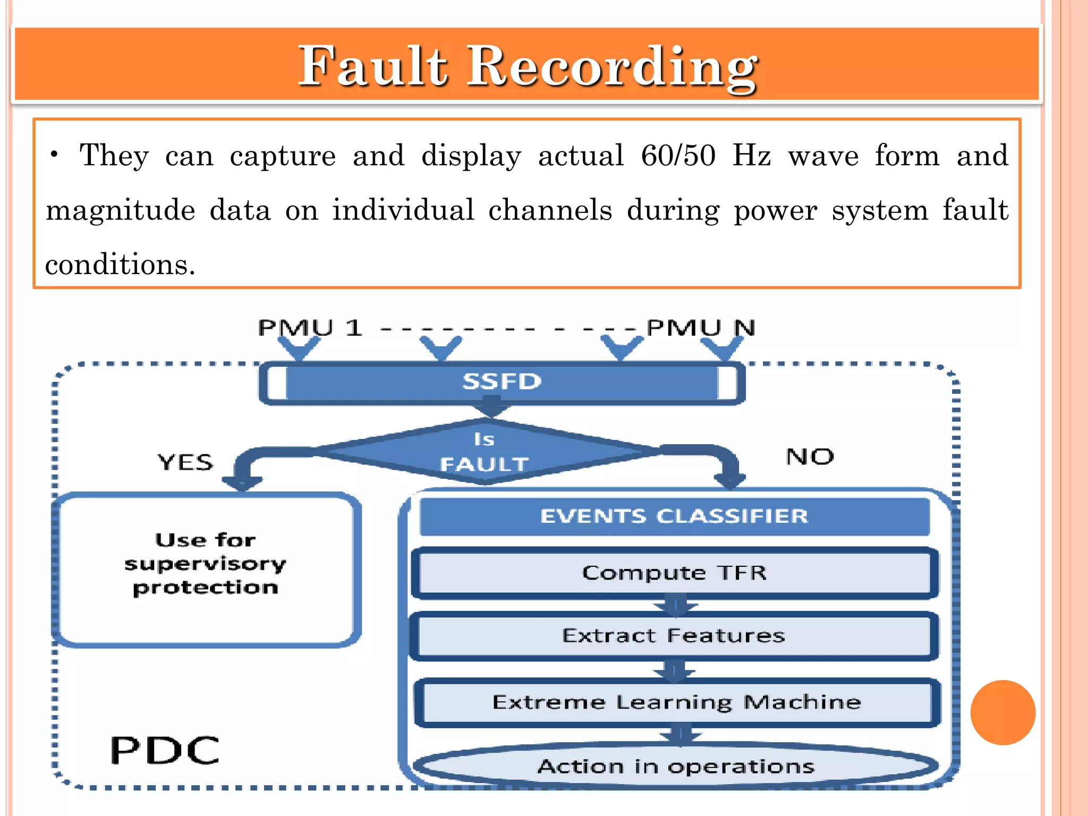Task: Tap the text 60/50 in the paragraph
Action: (x=678, y=156)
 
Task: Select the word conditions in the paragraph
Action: (x=120, y=264)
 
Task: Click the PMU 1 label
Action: (x=310, y=327)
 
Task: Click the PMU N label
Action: (x=701, y=327)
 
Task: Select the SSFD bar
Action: (x=501, y=381)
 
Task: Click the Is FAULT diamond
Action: (x=484, y=452)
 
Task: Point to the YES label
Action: (x=185, y=462)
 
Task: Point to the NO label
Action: (x=810, y=457)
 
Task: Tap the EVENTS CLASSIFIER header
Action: (x=674, y=516)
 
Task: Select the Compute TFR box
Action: (x=674, y=573)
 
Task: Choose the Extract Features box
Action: (x=674, y=636)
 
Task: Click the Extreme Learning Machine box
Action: (x=676, y=702)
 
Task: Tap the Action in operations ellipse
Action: (x=676, y=766)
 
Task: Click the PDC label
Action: (x=165, y=750)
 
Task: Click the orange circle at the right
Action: (x=1002, y=712)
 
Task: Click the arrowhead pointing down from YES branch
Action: (x=242, y=482)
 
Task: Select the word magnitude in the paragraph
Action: (x=120, y=210)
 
